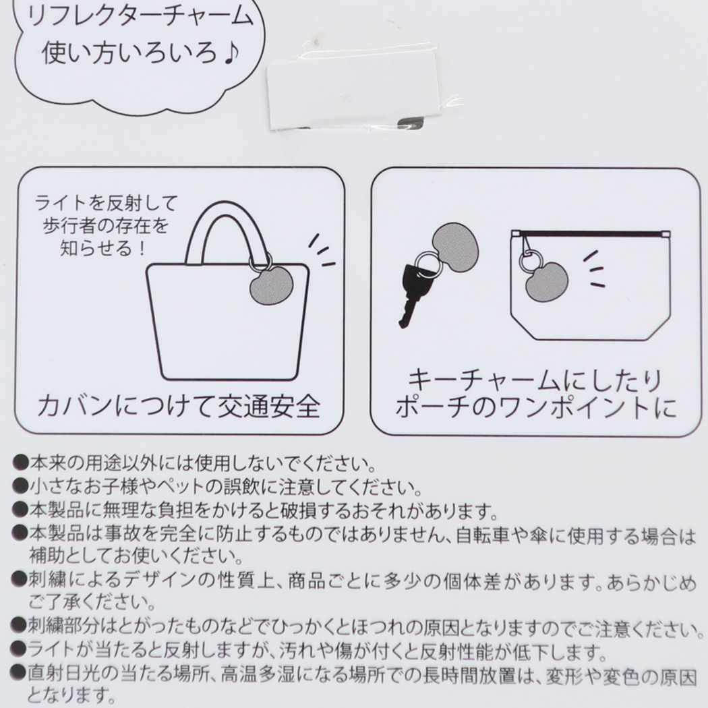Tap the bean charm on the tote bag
(x=272, y=285)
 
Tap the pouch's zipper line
(x=590, y=234)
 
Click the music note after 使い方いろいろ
(x=231, y=53)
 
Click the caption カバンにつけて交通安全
(x=179, y=405)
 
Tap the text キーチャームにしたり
(x=535, y=380)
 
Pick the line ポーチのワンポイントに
(x=536, y=407)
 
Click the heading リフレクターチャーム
(x=141, y=16)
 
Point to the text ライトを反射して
(x=107, y=203)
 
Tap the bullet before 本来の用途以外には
(x=21, y=463)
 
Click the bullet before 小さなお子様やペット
(x=21, y=486)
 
